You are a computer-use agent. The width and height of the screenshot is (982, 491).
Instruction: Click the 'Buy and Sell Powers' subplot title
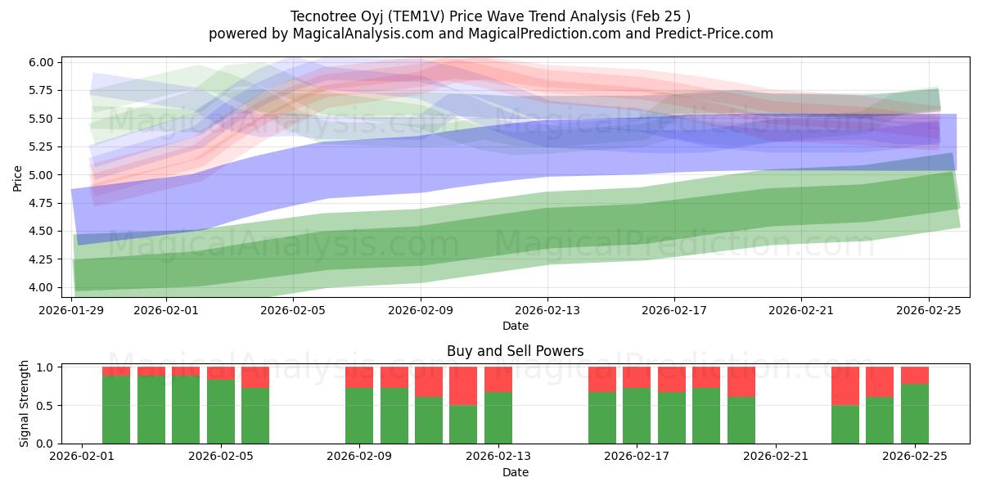tap(515, 351)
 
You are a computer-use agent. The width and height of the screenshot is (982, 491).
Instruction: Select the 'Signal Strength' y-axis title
tap(25, 404)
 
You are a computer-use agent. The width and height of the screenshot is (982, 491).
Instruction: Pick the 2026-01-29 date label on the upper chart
tap(73, 311)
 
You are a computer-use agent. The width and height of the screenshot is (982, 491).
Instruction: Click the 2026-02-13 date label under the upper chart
tap(547, 311)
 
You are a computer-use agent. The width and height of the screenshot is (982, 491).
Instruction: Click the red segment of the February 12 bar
tap(463, 385)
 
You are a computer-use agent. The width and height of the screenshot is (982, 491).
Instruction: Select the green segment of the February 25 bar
tap(915, 413)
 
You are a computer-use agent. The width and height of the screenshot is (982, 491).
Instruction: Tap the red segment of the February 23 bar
tap(845, 385)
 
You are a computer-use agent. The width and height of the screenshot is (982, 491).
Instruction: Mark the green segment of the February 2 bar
tap(116, 409)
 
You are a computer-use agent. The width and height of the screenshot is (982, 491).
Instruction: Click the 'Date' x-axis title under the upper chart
tap(515, 326)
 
